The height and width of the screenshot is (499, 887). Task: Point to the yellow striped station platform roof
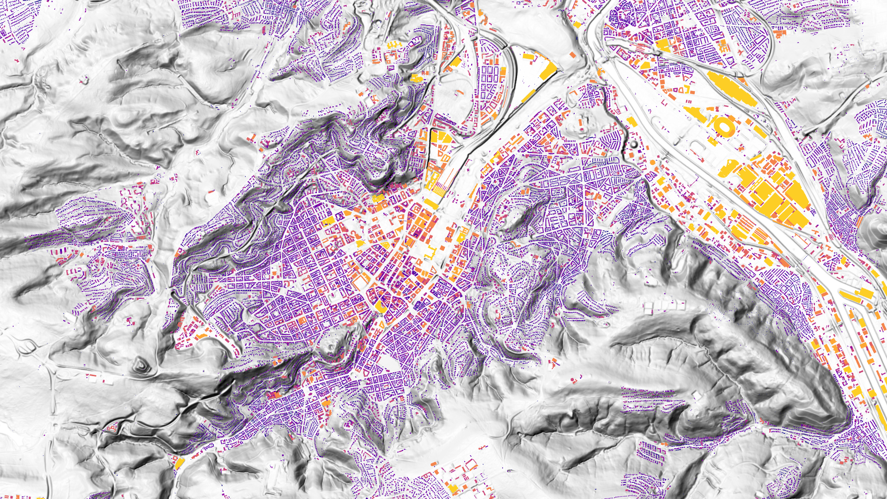pyautogui.click(x=439, y=189)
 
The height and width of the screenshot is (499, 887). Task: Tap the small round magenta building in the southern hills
pyautogui.click(x=573, y=380)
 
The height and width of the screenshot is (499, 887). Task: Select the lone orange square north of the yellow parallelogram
pyautogui.click(x=573, y=55)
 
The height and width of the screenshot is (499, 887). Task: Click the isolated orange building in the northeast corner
pyautogui.click(x=780, y=34)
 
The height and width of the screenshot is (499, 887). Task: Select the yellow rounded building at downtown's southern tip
pyautogui.click(x=381, y=306)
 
